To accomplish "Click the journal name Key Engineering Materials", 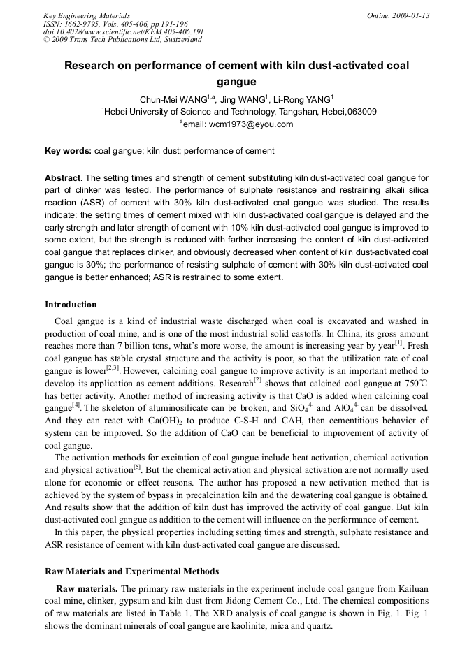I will (x=87, y=15).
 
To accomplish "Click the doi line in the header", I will (x=124, y=31).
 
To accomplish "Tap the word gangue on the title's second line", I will (x=236, y=82).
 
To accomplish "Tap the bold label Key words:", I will (x=68, y=151).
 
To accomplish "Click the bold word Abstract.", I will (x=64, y=177).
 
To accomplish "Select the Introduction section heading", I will (x=71, y=305).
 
